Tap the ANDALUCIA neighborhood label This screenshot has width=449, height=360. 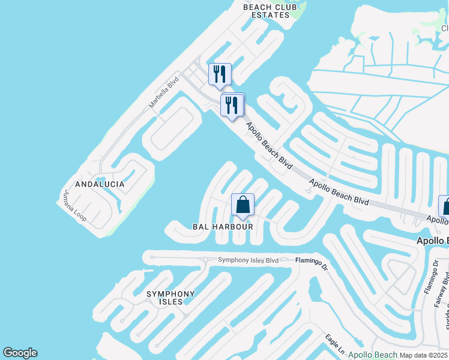(100, 184)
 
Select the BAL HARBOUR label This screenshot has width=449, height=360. (223, 227)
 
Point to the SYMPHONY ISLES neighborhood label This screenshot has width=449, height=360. (171, 298)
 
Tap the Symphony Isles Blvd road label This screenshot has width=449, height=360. (249, 260)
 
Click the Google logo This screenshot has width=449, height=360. (20, 353)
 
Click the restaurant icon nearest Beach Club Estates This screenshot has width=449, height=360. (220, 75)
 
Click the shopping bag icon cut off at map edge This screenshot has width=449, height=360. (445, 206)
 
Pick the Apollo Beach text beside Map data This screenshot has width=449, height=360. (373, 355)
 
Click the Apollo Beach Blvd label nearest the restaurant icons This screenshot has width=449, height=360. (269, 145)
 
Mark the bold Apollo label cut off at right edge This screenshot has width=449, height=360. (433, 241)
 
